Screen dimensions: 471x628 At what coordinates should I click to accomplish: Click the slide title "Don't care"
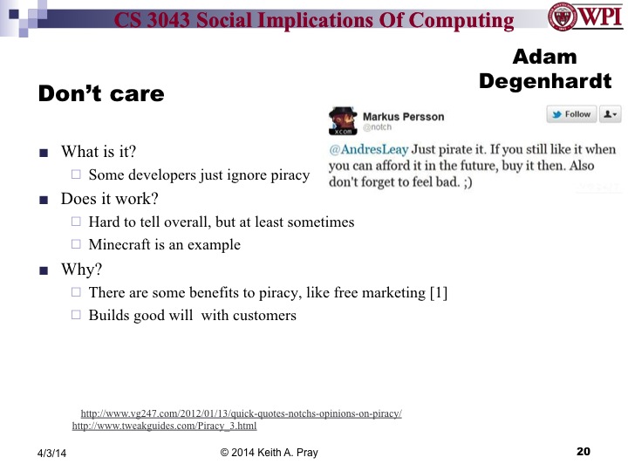(101, 93)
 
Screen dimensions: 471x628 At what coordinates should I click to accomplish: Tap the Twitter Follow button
(570, 114)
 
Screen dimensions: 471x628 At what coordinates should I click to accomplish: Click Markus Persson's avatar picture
(342, 120)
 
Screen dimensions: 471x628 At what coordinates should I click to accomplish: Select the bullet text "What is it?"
(99, 151)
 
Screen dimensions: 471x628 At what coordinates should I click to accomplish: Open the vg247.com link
(241, 413)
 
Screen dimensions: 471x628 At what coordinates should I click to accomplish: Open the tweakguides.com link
(164, 427)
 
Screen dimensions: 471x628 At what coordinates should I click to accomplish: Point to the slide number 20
(584, 451)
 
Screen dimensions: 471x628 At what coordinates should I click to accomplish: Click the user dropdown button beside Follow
(610, 114)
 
